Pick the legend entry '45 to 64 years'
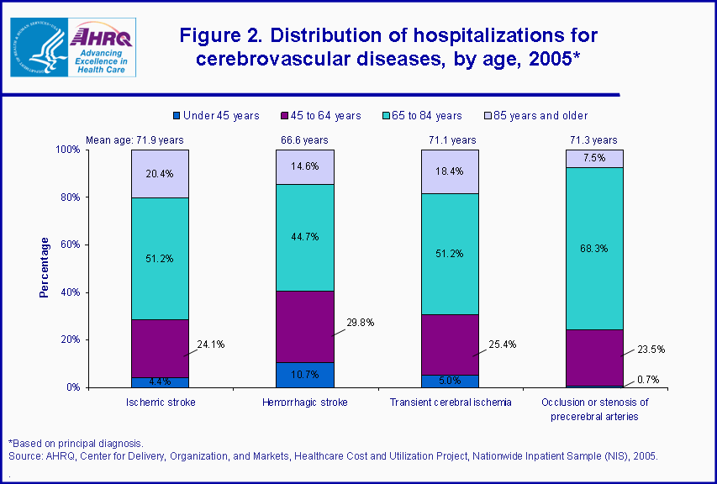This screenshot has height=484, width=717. pos(319,115)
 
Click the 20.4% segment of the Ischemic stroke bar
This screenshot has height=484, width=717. pos(160,174)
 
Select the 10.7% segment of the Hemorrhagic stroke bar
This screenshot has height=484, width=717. pos(305,375)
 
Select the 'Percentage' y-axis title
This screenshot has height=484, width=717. pos(45,268)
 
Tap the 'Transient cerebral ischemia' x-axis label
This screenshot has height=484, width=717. pos(450,402)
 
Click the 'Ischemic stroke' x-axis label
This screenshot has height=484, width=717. pos(160,402)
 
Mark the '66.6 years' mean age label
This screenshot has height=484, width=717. pos(305,140)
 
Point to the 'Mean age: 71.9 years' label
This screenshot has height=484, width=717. pos(134,140)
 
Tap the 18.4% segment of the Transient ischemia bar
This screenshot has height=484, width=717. pos(450,171)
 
